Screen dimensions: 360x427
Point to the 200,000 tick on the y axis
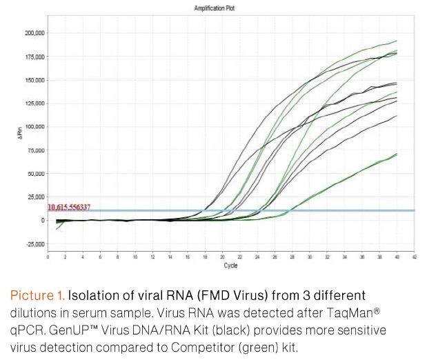34,32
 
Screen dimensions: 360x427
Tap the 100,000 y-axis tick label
34,127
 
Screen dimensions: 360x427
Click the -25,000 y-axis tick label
34,243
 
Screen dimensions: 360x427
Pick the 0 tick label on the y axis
42,220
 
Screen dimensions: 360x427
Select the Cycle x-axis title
231,265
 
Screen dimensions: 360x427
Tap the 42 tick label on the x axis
415,257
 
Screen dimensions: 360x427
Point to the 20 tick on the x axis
222,257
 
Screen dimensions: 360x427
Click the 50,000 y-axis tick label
35,173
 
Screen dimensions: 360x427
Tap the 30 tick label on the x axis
310,257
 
